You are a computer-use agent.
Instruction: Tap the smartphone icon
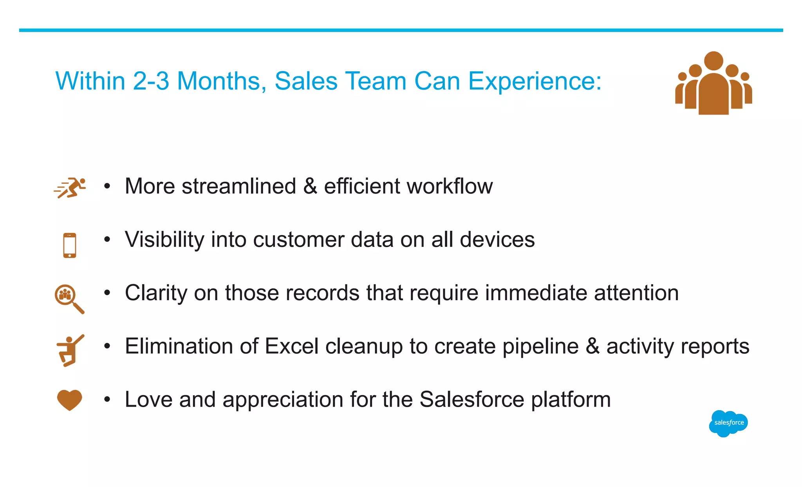coord(70,245)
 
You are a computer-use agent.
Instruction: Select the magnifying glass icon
coord(68,298)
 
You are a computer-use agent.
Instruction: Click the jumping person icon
coord(70,350)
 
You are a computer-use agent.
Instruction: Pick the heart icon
coord(70,400)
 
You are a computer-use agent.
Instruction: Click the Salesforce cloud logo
coord(728,423)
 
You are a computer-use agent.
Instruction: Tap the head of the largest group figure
coord(713,61)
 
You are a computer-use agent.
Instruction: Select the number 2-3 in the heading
coord(151,81)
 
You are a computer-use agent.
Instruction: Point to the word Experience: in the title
coord(535,81)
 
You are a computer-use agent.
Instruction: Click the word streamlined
coord(239,186)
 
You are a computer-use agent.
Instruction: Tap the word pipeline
coord(540,346)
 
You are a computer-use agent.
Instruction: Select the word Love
coord(148,400)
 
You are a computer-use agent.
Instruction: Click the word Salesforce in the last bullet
coord(472,400)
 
